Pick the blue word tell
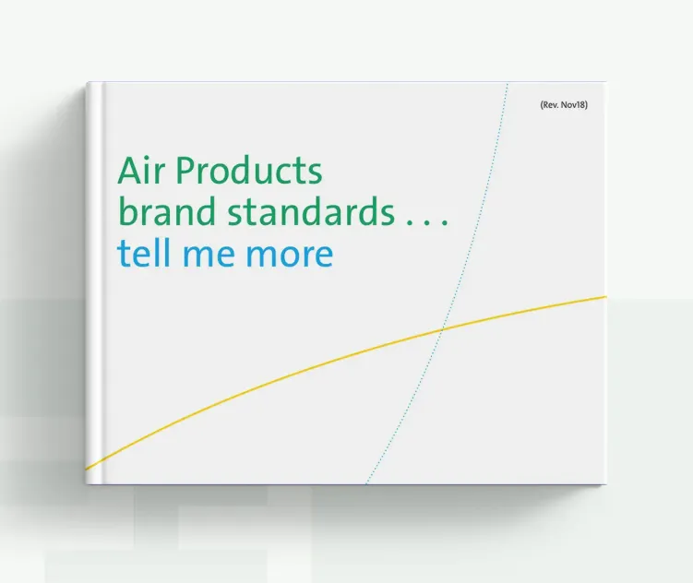pos(144,254)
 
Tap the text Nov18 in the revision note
pos(572,105)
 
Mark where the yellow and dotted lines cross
pos(444,327)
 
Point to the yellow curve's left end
pos(87,468)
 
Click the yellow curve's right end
pos(605,297)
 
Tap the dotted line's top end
pos(508,84)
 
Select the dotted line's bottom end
pos(367,483)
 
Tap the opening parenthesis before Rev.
pos(541,105)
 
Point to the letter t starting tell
pos(124,255)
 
